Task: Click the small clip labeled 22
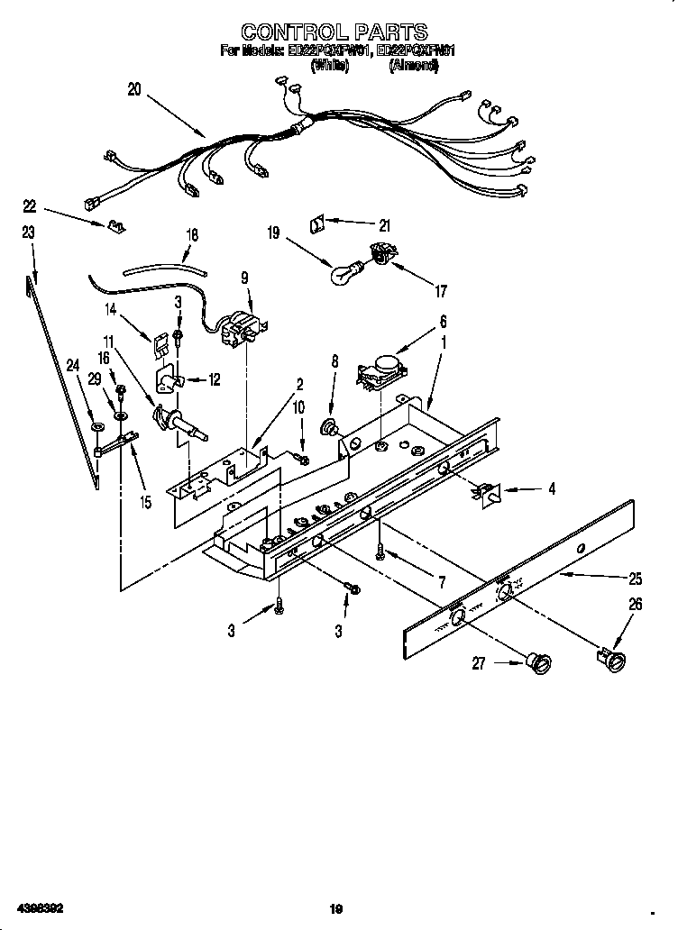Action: [x=115, y=225]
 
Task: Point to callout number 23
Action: [x=28, y=232]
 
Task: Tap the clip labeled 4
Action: [x=487, y=491]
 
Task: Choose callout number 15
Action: [x=146, y=502]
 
